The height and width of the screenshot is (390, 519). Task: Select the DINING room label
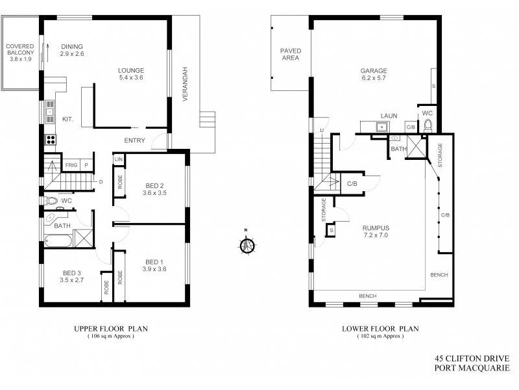(72, 46)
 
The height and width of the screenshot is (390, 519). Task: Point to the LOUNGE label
(130, 70)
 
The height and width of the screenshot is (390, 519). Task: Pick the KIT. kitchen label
(67, 119)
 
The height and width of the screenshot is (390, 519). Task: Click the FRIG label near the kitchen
(71, 166)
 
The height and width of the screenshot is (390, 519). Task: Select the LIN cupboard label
(119, 159)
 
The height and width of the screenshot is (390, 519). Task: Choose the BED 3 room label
(72, 273)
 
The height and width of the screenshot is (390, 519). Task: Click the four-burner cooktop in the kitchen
(49, 138)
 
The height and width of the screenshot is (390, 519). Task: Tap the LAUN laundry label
(388, 116)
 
